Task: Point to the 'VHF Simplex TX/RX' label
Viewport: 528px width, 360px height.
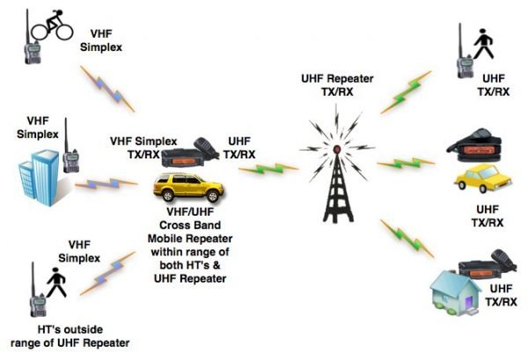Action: (143, 146)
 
